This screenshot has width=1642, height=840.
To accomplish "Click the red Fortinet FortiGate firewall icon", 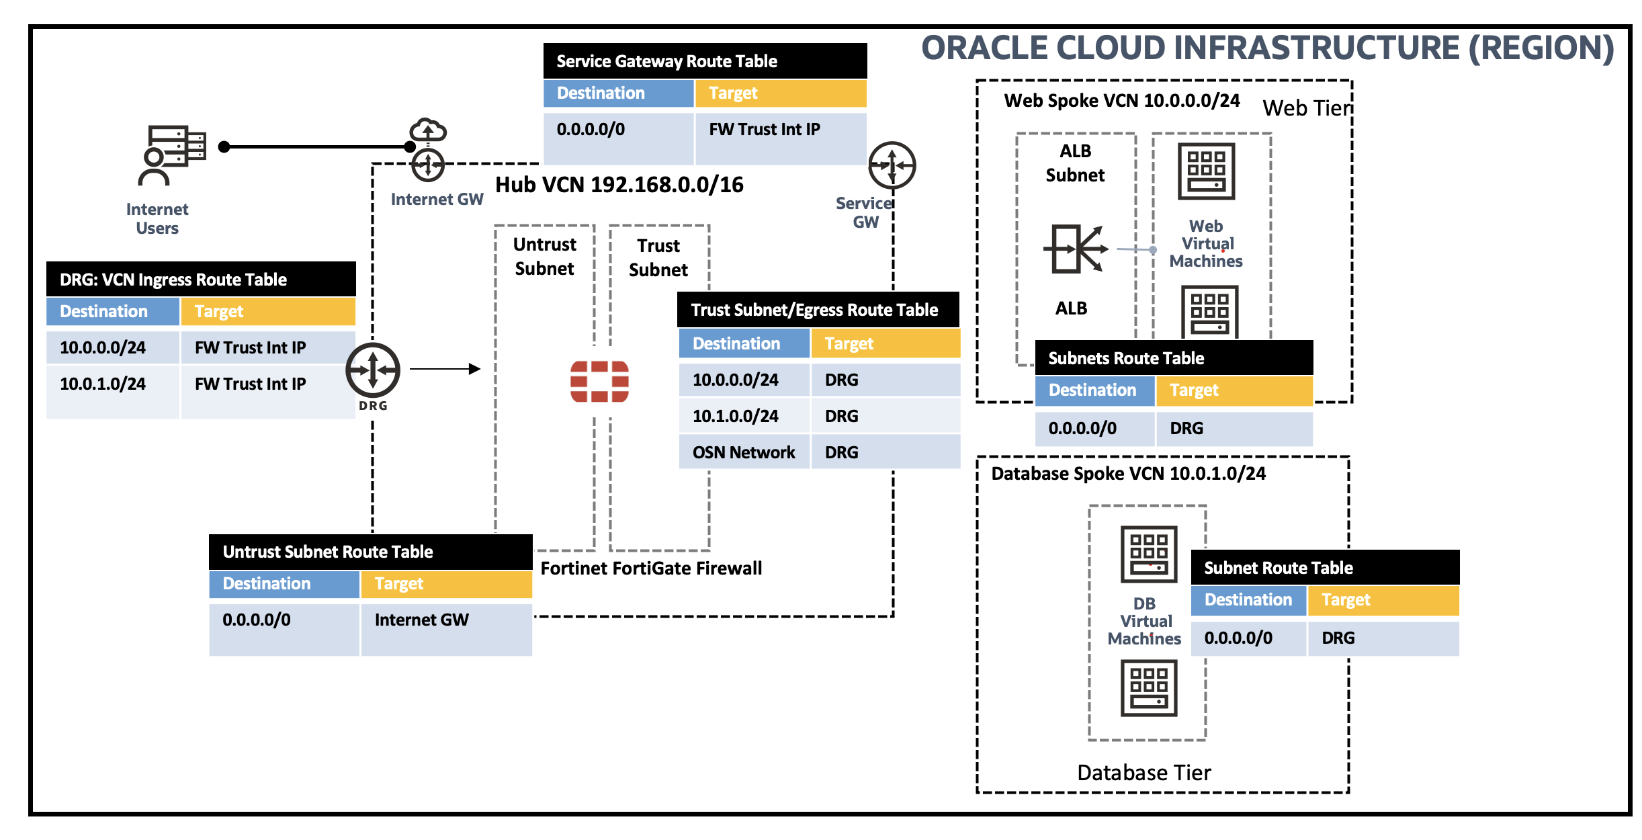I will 599,381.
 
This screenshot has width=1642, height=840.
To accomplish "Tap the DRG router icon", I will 373,370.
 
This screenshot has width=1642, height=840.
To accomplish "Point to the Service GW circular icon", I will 892,165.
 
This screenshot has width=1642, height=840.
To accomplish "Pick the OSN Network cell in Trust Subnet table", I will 744,452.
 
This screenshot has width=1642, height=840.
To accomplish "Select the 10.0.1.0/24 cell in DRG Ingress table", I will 103,384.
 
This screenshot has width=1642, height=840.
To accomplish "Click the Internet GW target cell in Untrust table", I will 422,620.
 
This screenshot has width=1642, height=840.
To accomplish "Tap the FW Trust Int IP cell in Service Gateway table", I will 765,130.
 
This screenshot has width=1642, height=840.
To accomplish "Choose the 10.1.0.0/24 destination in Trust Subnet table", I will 736,416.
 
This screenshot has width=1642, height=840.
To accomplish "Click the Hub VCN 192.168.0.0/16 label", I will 619,185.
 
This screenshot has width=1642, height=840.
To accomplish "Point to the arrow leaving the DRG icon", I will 445,369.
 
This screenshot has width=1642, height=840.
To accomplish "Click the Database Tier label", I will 1143,773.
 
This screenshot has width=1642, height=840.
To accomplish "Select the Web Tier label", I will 1306,108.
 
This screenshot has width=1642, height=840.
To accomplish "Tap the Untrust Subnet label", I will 544,256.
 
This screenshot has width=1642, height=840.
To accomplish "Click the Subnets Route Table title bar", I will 1173,358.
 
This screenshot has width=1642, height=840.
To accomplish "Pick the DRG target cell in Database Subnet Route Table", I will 1338,638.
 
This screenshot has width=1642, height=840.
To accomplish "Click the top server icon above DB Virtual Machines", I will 1148,554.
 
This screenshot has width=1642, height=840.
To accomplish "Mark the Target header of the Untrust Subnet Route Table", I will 446,583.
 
